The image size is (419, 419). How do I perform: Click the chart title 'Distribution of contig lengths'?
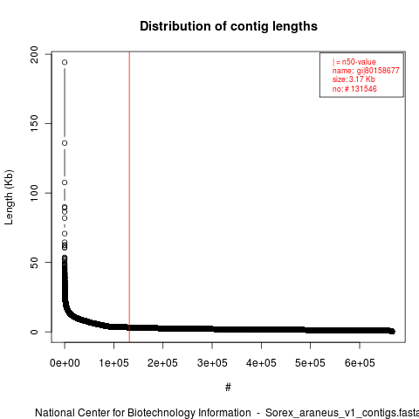(229, 26)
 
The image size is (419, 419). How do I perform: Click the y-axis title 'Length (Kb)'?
(9, 197)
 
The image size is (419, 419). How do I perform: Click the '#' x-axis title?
(228, 388)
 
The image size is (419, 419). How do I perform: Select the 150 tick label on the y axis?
(34, 123)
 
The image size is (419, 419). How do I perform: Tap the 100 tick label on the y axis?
(34, 193)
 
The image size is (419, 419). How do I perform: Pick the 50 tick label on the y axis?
(34, 262)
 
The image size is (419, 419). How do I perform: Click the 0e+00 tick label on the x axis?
(65, 363)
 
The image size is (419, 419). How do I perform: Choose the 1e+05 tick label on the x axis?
(113, 363)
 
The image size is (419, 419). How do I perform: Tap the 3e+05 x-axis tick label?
(212, 363)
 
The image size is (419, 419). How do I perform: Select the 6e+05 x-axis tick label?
(360, 363)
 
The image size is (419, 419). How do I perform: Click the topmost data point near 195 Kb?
(65, 62)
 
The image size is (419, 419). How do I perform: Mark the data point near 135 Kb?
(65, 143)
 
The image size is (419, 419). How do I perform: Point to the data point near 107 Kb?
(65, 182)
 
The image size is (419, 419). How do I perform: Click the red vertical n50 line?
(129, 197)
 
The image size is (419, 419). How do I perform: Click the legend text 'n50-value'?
(359, 62)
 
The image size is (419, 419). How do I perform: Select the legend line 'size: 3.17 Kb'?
(354, 79)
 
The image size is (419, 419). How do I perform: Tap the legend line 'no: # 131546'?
(354, 89)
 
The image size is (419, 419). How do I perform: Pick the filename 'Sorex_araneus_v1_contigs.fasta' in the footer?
(342, 413)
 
